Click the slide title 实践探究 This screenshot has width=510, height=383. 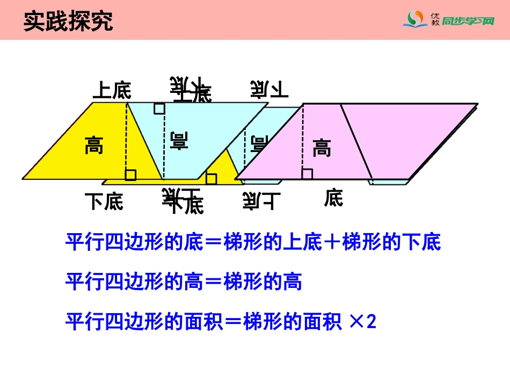[68, 21]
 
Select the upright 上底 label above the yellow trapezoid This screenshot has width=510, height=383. [112, 90]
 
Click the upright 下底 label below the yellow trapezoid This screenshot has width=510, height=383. [104, 201]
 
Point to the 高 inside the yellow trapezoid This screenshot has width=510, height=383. [94, 145]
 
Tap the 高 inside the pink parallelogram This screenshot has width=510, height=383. [322, 147]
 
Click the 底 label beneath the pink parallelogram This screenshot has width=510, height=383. [333, 198]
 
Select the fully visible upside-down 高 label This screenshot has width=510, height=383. [179, 140]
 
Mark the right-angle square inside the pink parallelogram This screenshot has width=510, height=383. [307, 173]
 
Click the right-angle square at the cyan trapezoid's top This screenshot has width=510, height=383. [159, 109]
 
